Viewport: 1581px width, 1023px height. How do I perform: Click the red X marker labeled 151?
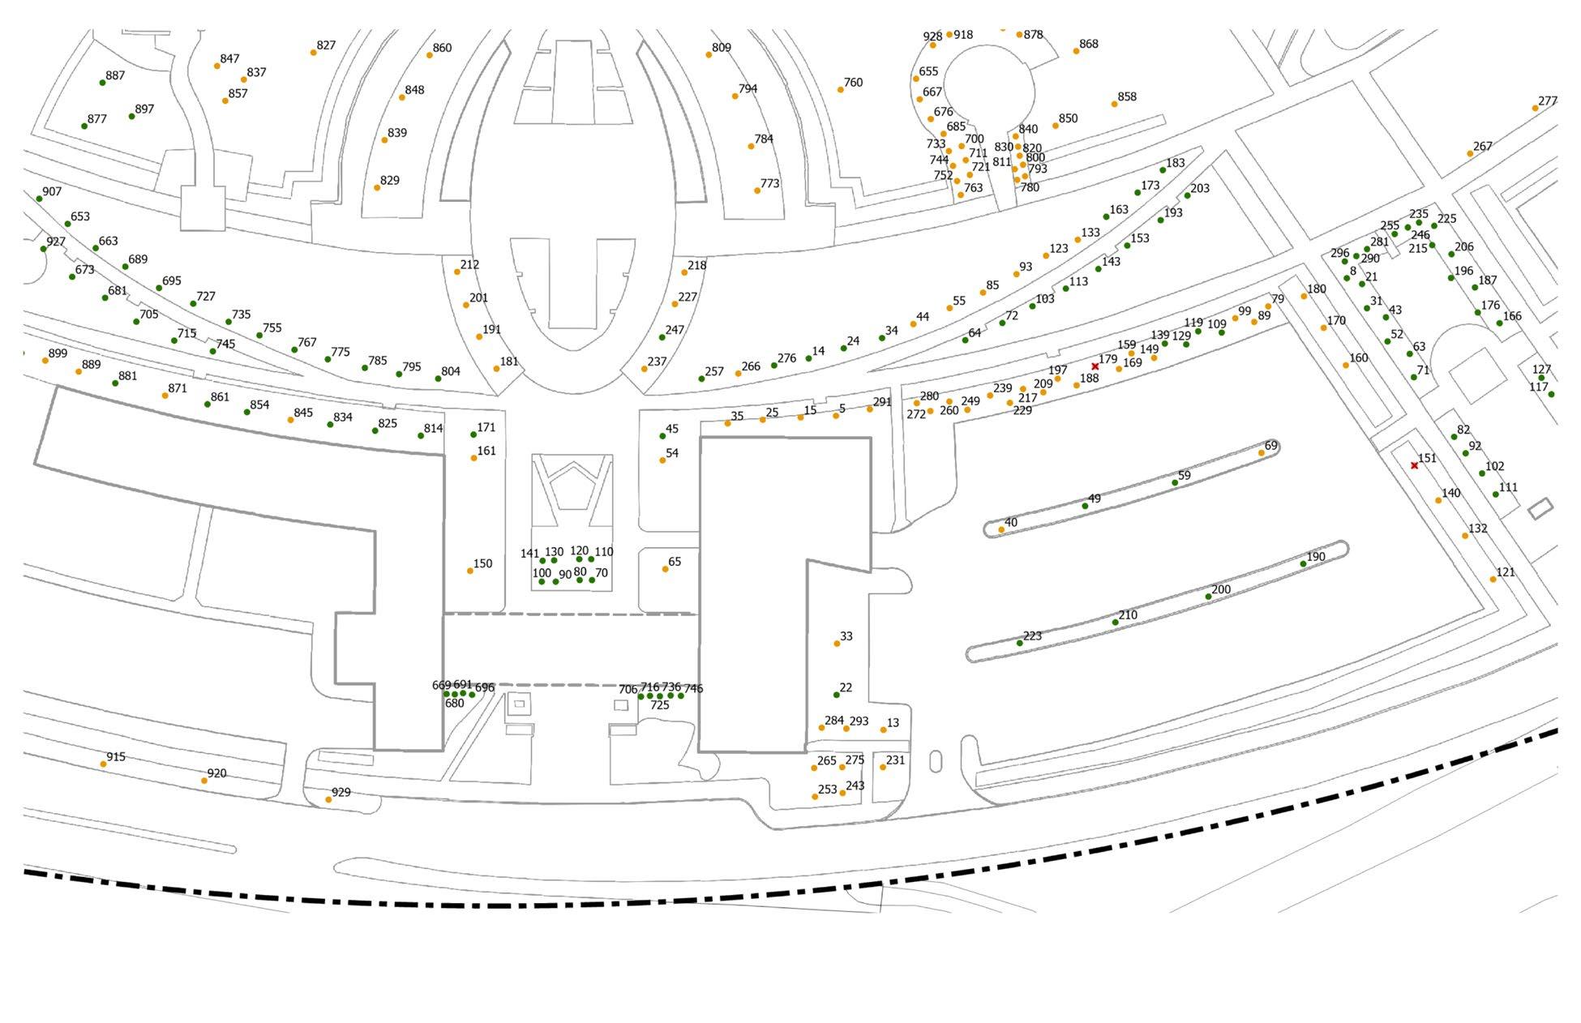click(1415, 465)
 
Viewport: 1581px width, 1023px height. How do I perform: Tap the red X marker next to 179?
click(1095, 366)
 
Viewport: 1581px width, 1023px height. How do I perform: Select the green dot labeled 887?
click(103, 83)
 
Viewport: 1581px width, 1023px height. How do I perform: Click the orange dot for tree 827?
click(313, 53)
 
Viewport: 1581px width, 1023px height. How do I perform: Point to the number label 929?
click(341, 792)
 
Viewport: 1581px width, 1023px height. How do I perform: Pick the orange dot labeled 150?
click(470, 571)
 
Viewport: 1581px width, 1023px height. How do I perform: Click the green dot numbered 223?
click(1020, 643)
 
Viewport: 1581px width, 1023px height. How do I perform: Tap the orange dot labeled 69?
click(1262, 452)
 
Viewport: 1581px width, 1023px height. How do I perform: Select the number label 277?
click(1548, 101)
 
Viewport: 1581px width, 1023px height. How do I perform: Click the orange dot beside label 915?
click(104, 764)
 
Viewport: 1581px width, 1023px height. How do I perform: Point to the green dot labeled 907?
click(39, 199)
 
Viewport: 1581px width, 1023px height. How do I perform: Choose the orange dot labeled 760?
click(841, 89)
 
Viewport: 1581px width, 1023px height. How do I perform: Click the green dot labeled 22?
click(837, 695)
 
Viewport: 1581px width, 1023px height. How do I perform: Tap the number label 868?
click(1089, 44)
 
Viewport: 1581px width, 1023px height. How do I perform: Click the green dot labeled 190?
click(1304, 563)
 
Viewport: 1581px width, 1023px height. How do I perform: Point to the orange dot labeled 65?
click(666, 569)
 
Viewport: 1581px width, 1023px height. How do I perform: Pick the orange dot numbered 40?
click(1001, 529)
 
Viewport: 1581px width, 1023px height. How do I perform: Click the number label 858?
click(1127, 96)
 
